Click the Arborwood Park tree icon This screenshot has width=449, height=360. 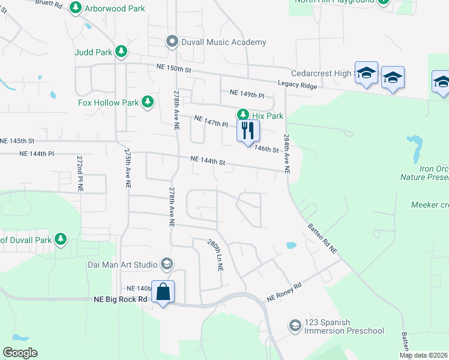76,8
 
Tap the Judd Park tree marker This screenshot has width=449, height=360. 121,52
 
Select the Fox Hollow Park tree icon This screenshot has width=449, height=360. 148,103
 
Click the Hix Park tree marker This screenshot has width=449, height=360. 243,115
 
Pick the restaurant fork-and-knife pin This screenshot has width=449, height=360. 248,131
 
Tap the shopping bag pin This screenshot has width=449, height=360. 163,293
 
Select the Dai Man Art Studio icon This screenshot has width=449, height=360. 167,264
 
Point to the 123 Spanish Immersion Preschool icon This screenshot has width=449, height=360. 294,325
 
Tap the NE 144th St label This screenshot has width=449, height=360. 208,161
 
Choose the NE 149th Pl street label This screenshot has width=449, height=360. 247,94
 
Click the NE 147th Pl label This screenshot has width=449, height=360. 211,122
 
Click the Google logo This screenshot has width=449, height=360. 20,353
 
